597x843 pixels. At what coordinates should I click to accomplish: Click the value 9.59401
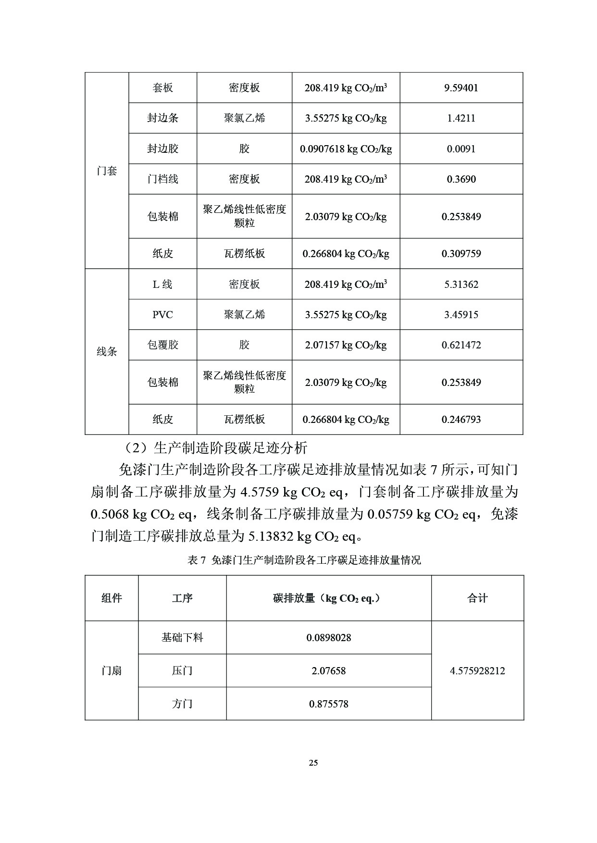pyautogui.click(x=461, y=88)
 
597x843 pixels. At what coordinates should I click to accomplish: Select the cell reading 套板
pyautogui.click(x=162, y=88)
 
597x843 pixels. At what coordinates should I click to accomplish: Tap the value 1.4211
pyautogui.click(x=461, y=118)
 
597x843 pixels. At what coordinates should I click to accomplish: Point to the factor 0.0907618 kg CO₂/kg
pyautogui.click(x=346, y=149)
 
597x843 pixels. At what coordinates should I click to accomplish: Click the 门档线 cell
pyautogui.click(x=162, y=179)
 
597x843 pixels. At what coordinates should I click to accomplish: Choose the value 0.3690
pyautogui.click(x=461, y=179)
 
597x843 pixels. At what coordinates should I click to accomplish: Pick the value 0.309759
pyautogui.click(x=461, y=254)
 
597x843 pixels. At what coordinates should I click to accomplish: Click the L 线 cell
pyautogui.click(x=162, y=285)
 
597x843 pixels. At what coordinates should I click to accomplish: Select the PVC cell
pyautogui.click(x=162, y=315)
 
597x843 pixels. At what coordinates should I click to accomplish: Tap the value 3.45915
pyautogui.click(x=461, y=315)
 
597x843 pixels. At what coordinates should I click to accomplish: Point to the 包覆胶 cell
pyautogui.click(x=162, y=345)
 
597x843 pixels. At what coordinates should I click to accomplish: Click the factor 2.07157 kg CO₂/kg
pyautogui.click(x=346, y=345)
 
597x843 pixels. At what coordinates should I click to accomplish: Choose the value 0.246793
pyautogui.click(x=461, y=420)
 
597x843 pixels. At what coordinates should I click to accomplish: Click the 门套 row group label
pyautogui.click(x=107, y=171)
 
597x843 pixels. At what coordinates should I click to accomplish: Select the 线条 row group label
pyautogui.click(x=107, y=352)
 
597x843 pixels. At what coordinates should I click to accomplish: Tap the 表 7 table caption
pyautogui.click(x=304, y=560)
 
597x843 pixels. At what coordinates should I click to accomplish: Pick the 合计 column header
pyautogui.click(x=477, y=598)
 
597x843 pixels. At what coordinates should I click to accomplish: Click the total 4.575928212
pyautogui.click(x=477, y=671)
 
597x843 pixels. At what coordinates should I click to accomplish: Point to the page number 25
pyautogui.click(x=313, y=763)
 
